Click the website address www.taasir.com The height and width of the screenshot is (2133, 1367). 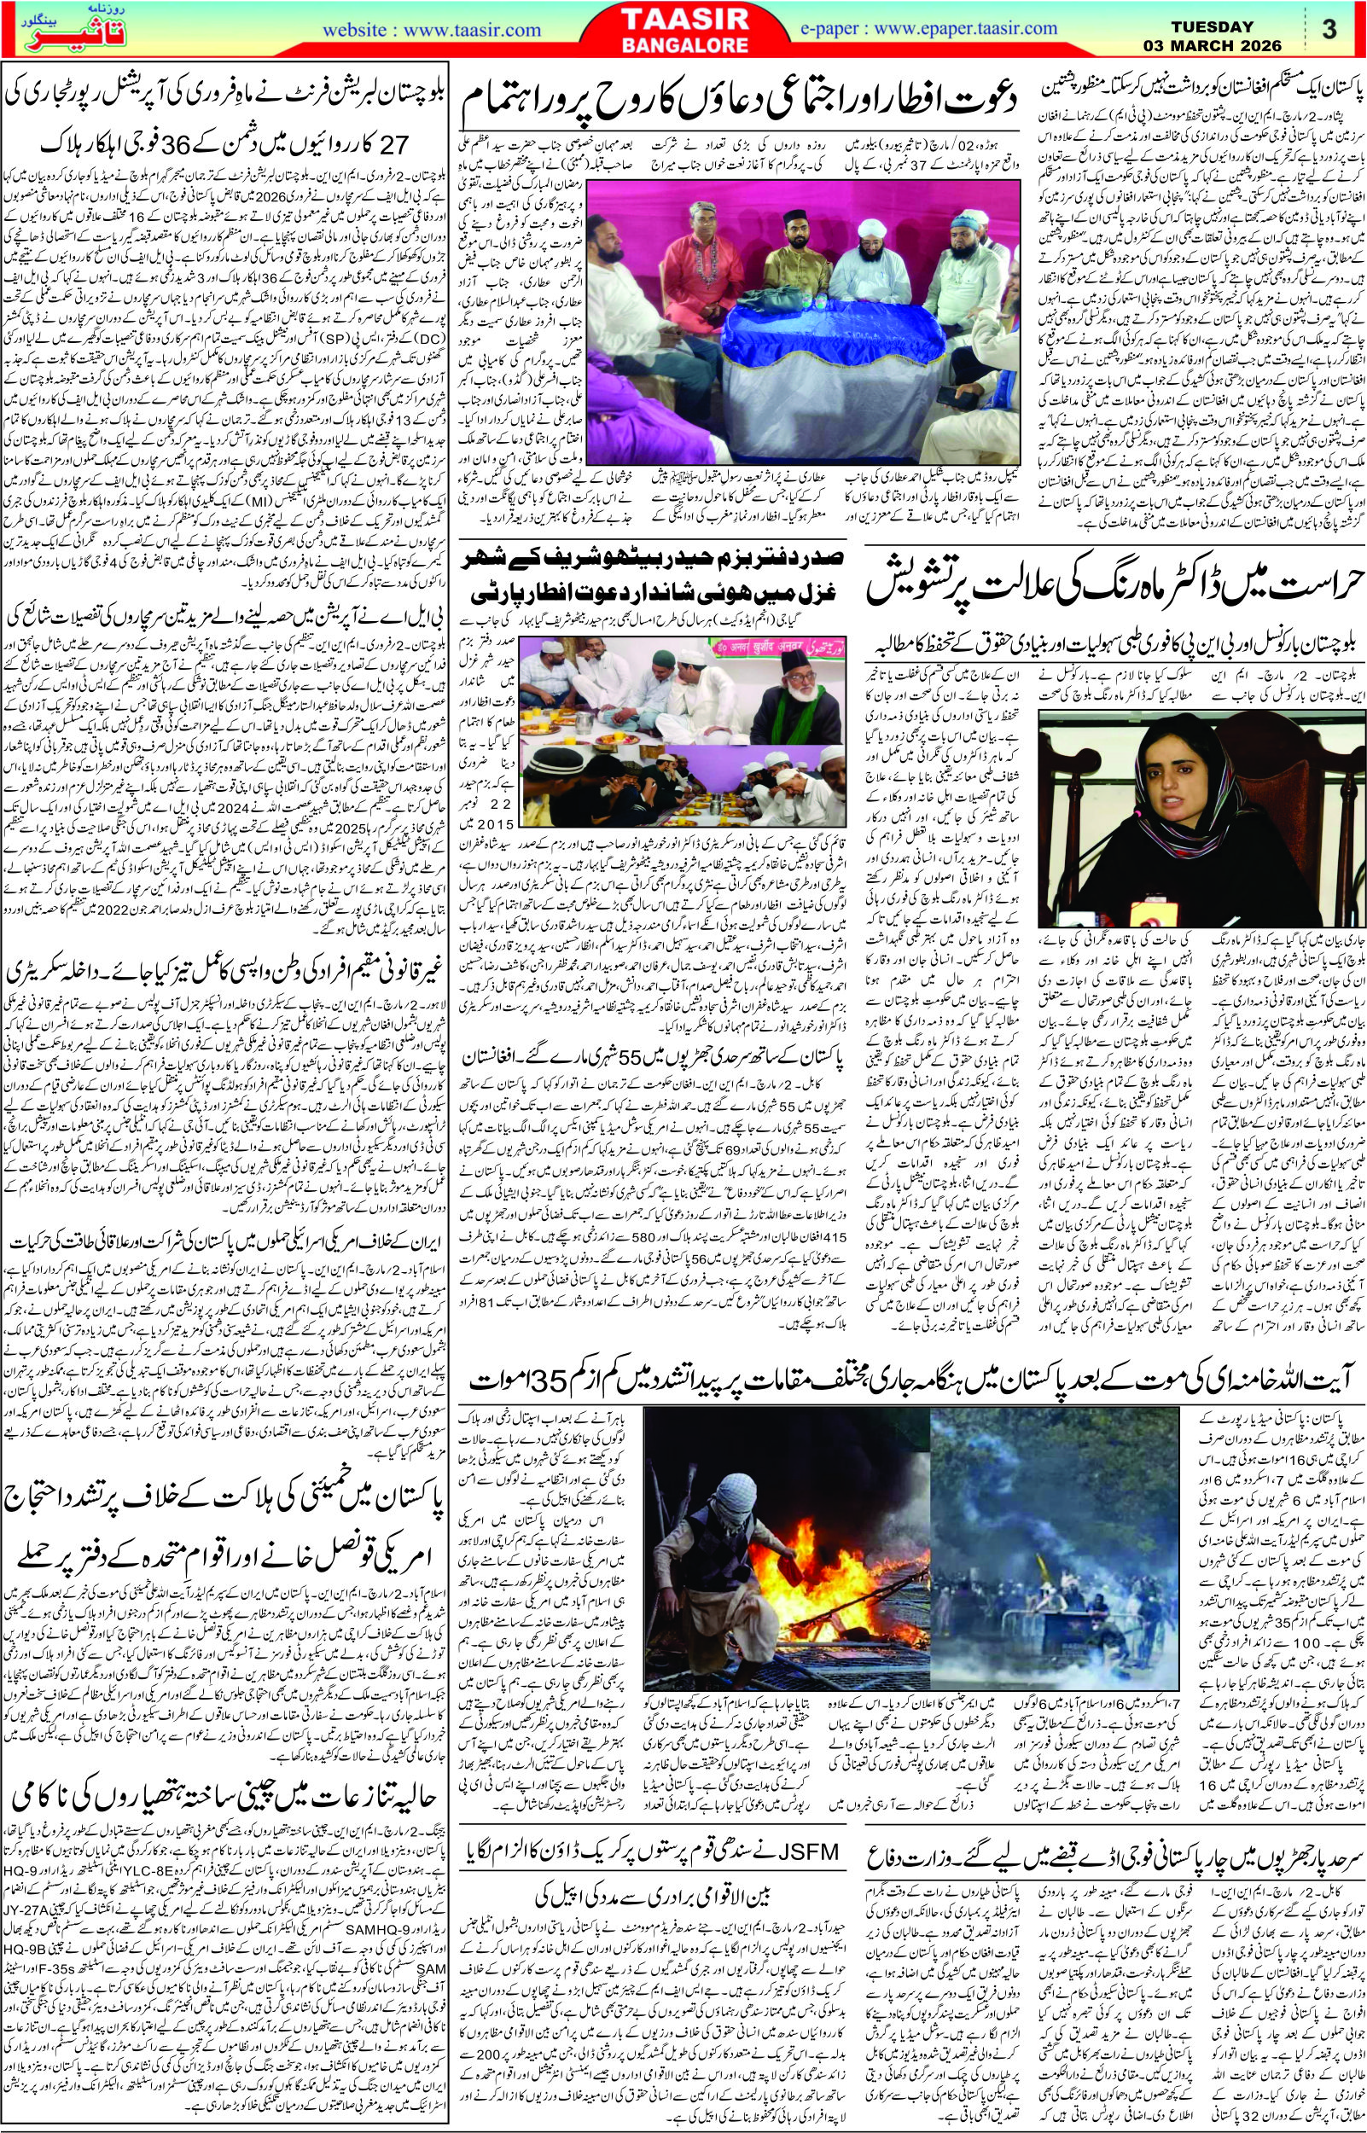[x=433, y=30]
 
